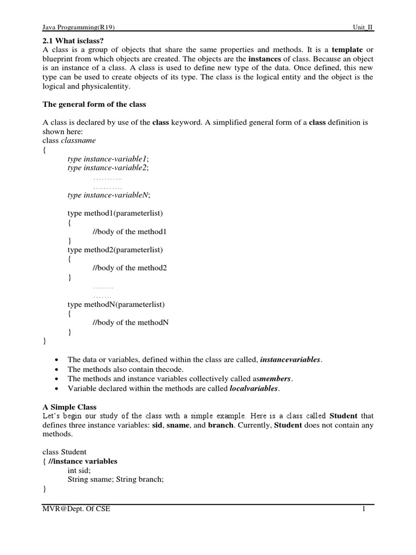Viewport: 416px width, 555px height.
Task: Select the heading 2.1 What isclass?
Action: [x=73, y=41]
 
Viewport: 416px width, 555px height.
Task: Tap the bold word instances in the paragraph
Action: [x=265, y=59]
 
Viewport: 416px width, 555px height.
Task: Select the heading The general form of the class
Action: [x=94, y=104]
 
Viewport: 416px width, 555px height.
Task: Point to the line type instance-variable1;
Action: [x=108, y=159]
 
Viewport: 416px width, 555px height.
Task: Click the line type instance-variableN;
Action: [x=109, y=195]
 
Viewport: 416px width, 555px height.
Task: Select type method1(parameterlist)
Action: [x=115, y=214]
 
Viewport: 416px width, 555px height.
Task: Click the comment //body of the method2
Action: [x=130, y=268]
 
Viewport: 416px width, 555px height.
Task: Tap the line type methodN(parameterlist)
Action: [x=116, y=304]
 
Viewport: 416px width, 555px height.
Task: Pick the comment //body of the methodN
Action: [x=131, y=322]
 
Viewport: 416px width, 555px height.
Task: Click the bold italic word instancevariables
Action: [x=291, y=359]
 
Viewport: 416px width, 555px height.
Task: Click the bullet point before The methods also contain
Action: [x=57, y=369]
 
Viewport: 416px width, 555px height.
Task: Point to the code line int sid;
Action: [x=79, y=470]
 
